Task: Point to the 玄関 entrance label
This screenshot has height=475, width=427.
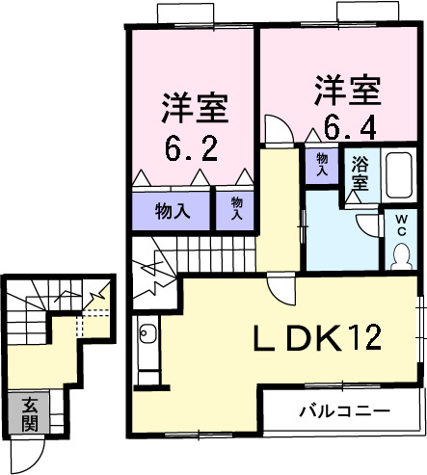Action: pyautogui.click(x=29, y=412)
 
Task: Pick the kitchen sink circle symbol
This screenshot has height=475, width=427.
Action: pyautogui.click(x=147, y=336)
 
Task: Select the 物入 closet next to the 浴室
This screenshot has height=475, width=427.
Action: pyautogui.click(x=321, y=163)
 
